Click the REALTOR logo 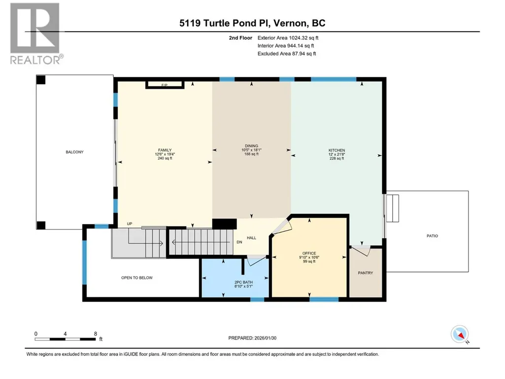coord(35,34)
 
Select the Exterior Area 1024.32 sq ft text coord(288,38)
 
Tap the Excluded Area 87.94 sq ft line coord(287,54)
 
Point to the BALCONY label coord(75,152)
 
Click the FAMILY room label coord(165,150)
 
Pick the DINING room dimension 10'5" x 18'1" coord(252,150)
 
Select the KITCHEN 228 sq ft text coord(337,158)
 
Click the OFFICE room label coord(309,253)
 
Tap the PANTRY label coord(366,273)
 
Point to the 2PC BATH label coord(243,282)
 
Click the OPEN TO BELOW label coord(137,278)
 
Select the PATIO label coord(432,236)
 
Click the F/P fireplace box coord(165,85)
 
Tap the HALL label coord(252,238)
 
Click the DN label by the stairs coord(239,242)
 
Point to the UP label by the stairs coord(130,224)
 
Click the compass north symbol coord(460,335)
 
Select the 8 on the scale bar coord(95,334)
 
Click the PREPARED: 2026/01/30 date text coord(252,338)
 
